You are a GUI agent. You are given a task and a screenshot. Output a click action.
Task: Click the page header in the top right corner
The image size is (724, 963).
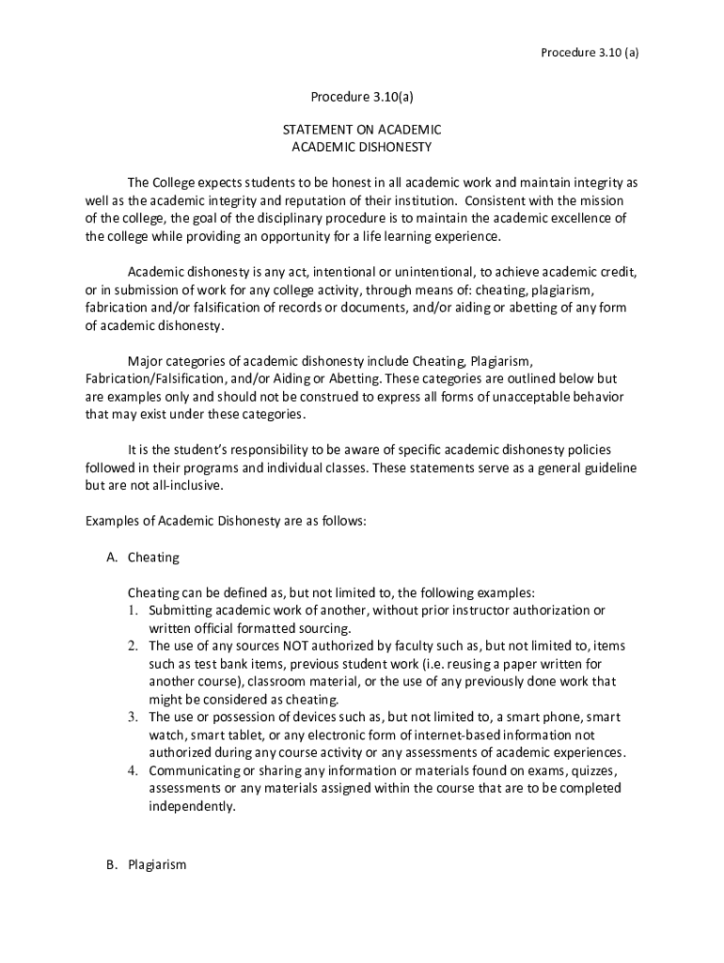pos(590,53)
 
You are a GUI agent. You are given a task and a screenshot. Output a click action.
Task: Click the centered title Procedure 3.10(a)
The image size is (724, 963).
pos(362,98)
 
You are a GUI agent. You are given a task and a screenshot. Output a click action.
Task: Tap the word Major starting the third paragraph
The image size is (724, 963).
pos(146,361)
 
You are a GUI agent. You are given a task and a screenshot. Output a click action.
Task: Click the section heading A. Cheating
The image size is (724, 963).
pos(143,558)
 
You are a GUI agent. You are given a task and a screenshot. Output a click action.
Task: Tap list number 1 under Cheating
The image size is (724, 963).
pos(134,611)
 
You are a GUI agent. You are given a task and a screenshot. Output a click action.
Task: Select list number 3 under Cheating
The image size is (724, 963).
pos(134,718)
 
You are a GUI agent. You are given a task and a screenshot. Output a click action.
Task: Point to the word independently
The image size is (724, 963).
pos(192,807)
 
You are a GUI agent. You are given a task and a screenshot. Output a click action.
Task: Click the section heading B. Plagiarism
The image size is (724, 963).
pos(147,865)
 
